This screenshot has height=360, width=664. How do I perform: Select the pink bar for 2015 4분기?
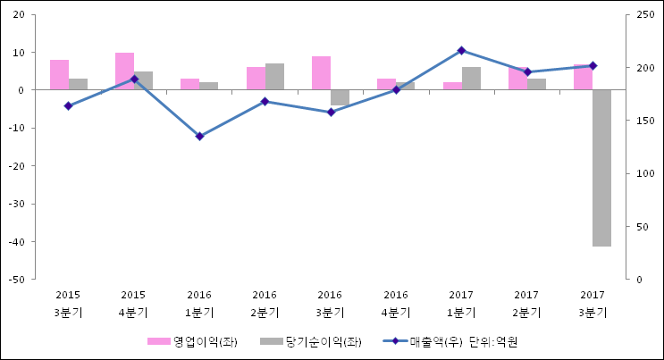click(124, 71)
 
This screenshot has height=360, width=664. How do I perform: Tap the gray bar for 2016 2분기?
click(274, 77)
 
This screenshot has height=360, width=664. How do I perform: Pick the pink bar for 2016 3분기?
click(321, 73)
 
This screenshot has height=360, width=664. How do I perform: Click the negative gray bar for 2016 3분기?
click(340, 97)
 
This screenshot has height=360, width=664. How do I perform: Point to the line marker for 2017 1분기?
click(461, 50)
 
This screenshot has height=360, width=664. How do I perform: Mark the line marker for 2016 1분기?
click(199, 136)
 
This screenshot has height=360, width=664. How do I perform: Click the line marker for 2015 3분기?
click(68, 105)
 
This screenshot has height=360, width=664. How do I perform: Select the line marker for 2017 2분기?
click(526, 71)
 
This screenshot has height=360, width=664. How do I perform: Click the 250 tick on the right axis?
click(644, 15)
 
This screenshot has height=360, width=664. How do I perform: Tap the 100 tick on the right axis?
click(644, 174)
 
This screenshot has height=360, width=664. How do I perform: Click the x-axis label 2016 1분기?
click(199, 303)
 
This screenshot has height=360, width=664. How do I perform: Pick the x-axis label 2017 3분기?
click(592, 303)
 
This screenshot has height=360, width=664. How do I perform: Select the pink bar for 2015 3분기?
click(59, 75)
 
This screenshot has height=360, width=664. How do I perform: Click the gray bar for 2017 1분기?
click(471, 79)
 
